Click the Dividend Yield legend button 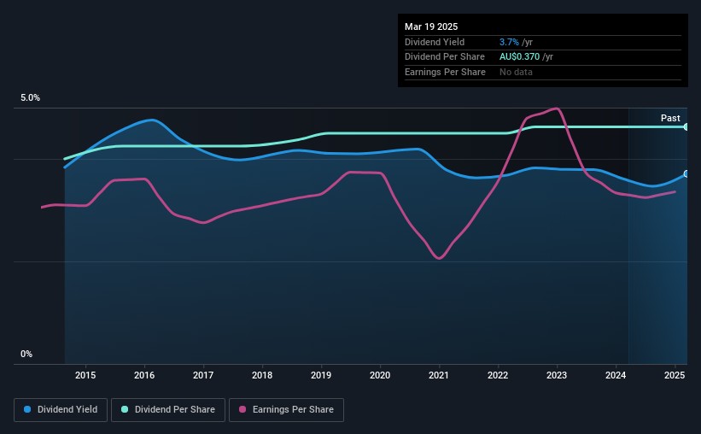tap(61, 409)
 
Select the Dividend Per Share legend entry tap(168, 409)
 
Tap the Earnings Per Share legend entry tap(286, 409)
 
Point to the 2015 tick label tap(85, 375)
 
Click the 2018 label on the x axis tap(262, 375)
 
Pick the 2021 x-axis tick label tap(439, 375)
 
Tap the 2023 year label tap(557, 375)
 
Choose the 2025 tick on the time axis tap(675, 375)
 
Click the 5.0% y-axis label tap(30, 97)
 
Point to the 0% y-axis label tap(26, 354)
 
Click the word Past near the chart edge tap(670, 118)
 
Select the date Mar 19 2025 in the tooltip tap(431, 26)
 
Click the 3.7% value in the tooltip tap(509, 42)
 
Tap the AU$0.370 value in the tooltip tap(519, 57)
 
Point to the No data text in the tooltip tap(516, 72)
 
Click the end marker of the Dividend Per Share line tap(686, 127)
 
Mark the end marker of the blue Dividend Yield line tap(686, 173)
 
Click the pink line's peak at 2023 tap(556, 108)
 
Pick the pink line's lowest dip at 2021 tap(439, 258)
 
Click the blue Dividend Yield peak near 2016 tap(152, 120)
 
